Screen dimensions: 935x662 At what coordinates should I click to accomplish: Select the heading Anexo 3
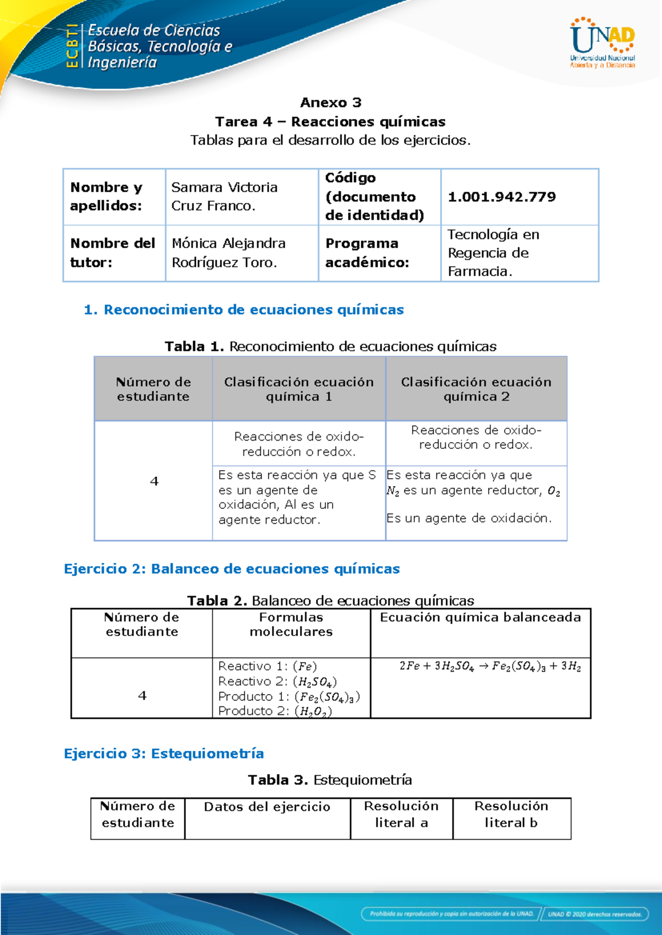coord(330,103)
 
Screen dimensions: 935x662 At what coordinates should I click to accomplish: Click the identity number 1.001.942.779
coord(501,197)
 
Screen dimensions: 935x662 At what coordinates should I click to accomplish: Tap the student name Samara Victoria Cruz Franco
coord(224,196)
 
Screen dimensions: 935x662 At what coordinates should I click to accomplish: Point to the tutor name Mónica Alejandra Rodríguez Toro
coord(228,252)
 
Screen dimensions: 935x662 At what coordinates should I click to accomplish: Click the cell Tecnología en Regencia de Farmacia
coord(488,252)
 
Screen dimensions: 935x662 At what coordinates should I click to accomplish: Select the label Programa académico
coord(367,252)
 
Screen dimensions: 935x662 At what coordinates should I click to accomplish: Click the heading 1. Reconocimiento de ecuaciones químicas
coord(243,310)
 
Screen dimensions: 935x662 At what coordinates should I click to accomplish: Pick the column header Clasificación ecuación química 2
coord(476,389)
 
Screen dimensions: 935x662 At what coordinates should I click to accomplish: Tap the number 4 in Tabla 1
coord(154,481)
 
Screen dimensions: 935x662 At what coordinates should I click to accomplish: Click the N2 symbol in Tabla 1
coord(393,491)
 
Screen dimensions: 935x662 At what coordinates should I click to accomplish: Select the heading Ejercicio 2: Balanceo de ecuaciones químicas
coord(232,569)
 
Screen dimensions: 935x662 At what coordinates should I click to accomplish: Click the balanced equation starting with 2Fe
coord(490,666)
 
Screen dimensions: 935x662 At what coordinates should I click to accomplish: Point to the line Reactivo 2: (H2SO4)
coord(277,681)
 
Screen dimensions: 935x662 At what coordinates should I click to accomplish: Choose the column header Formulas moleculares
coord(291,625)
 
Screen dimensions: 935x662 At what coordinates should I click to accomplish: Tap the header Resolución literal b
coord(511,814)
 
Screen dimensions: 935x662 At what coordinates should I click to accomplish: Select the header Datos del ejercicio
coord(267,807)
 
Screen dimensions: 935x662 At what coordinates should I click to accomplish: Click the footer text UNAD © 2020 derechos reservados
coord(594,914)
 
